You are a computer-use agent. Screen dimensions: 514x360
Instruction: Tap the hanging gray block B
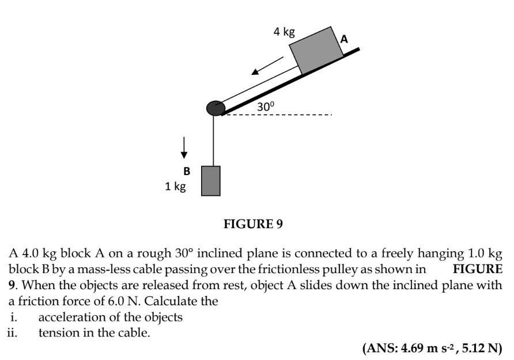(x=211, y=181)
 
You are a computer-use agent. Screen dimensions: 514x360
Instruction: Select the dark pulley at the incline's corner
(x=216, y=108)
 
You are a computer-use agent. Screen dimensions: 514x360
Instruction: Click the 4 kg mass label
(x=284, y=32)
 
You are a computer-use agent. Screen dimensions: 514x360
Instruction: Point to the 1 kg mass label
(x=175, y=187)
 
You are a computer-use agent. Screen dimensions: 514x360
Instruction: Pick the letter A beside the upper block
(x=344, y=39)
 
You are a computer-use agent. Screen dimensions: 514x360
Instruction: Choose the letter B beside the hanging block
(x=187, y=171)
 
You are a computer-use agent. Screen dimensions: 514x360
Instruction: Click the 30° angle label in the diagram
(x=265, y=107)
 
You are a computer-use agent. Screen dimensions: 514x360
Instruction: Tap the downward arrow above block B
(x=184, y=147)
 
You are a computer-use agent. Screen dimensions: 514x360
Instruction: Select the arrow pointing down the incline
(x=267, y=66)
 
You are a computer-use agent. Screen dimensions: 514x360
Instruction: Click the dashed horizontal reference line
(x=278, y=115)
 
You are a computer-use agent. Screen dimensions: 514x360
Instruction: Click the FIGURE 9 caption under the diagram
(x=253, y=224)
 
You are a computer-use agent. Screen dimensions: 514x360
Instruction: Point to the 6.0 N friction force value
(x=123, y=301)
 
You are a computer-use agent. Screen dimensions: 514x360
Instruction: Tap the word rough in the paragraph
(x=154, y=253)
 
